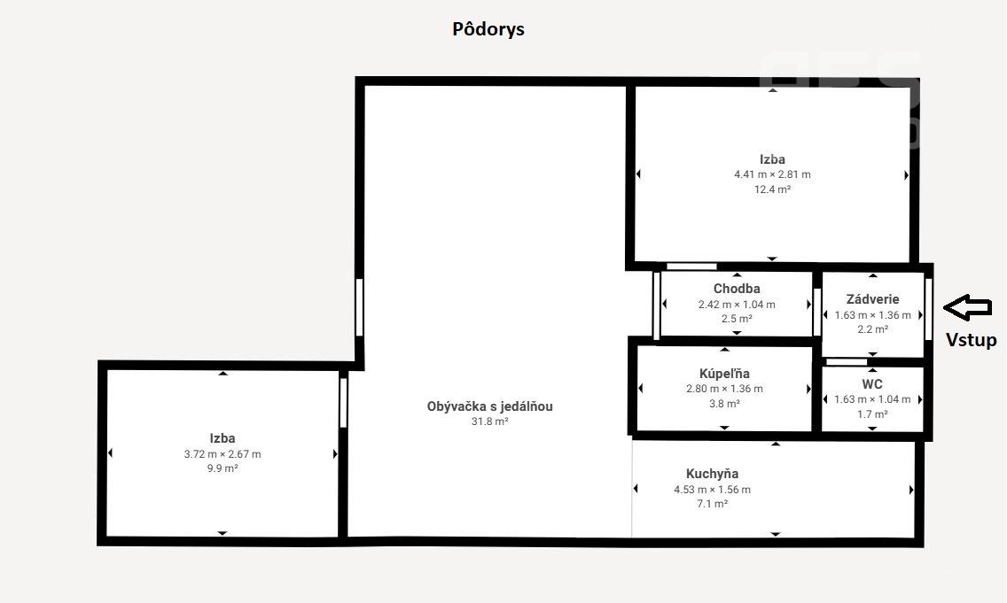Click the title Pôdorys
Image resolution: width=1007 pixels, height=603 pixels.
pos(488,29)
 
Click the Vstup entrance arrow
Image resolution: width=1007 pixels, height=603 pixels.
pos(967,307)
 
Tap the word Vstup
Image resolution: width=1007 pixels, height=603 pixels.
pos(971,340)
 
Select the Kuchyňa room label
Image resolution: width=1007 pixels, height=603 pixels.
pos(712,474)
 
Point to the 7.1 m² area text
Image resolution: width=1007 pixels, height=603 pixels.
pos(712,504)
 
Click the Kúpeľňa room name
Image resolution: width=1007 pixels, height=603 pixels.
pos(724,374)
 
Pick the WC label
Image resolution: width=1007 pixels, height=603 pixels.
pos(872,384)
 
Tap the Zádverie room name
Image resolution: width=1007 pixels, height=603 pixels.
pos(872,299)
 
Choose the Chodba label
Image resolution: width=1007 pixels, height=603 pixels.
pos(737,289)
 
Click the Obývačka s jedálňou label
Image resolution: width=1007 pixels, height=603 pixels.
pos(489,406)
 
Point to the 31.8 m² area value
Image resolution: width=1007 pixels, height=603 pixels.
pos(489,421)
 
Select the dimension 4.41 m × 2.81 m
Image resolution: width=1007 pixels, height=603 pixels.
pos(772,174)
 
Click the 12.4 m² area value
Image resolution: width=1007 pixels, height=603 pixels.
pos(772,189)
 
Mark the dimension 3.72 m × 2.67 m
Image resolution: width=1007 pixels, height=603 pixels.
pos(222,454)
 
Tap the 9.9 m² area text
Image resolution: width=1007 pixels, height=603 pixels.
pos(222,468)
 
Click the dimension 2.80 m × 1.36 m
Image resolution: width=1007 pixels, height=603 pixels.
pos(724,389)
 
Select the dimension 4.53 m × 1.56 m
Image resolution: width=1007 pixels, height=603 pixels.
pos(712,490)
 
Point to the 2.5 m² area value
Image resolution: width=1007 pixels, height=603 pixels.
pos(737,319)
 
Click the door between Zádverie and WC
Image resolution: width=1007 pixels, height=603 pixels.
pos(847,361)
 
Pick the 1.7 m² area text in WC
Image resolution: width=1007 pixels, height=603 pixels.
pos(872,414)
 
